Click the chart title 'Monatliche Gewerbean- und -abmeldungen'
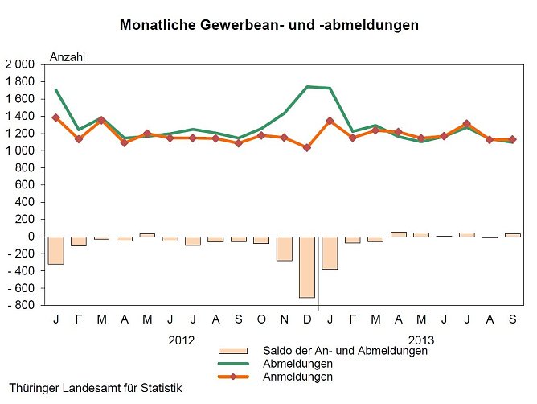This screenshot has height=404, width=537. (x=268, y=25)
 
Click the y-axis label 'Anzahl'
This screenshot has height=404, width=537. (x=67, y=56)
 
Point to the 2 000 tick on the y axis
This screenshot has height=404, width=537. (x=20, y=64)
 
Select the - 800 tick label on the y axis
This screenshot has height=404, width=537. (x=20, y=306)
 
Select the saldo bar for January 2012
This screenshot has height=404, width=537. (x=55, y=250)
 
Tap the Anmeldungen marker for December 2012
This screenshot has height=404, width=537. (x=307, y=147)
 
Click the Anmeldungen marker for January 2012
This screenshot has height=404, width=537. (x=55, y=117)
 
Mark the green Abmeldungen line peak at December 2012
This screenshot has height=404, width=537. (x=307, y=86)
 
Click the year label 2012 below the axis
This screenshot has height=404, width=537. (x=181, y=340)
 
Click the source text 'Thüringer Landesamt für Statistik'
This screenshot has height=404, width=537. (x=96, y=388)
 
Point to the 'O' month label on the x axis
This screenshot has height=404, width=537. (x=261, y=320)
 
